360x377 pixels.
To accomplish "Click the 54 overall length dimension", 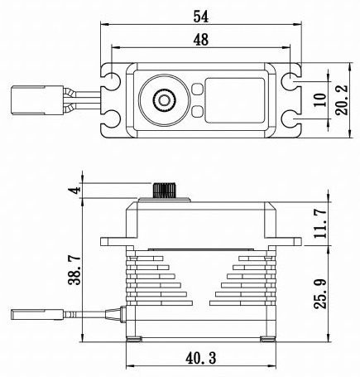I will tap(199, 15).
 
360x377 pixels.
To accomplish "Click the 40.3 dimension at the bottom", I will tap(199, 357).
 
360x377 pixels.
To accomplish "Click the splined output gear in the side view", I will tap(165, 191).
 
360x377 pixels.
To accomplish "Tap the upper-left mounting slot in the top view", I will tap(110, 82).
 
